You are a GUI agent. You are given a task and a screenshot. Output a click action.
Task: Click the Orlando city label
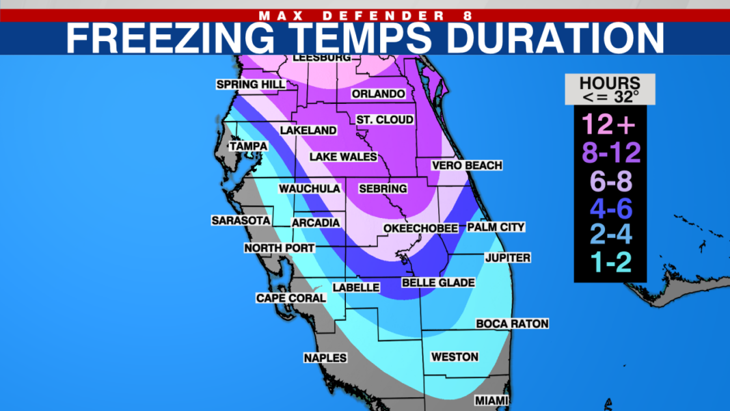click(378, 94)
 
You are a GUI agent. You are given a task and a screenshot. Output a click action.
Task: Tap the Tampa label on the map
click(248, 146)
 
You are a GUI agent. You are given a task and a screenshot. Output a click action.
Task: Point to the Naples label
click(325, 358)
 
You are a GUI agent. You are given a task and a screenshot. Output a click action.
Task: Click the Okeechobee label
click(420, 228)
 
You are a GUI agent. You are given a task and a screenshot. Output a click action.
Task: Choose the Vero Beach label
click(467, 165)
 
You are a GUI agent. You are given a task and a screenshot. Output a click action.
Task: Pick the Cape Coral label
click(284, 298)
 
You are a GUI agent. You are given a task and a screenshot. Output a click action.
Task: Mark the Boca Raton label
click(512, 323)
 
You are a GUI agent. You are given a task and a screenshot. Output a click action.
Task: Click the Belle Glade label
click(438, 282)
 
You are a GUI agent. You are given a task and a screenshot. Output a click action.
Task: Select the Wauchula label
click(310, 189)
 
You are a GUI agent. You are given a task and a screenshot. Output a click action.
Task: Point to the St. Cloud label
click(385, 120)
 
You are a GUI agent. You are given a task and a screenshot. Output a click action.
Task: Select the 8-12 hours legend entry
click(610, 153)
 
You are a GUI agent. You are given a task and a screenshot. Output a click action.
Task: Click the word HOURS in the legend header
click(610, 83)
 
